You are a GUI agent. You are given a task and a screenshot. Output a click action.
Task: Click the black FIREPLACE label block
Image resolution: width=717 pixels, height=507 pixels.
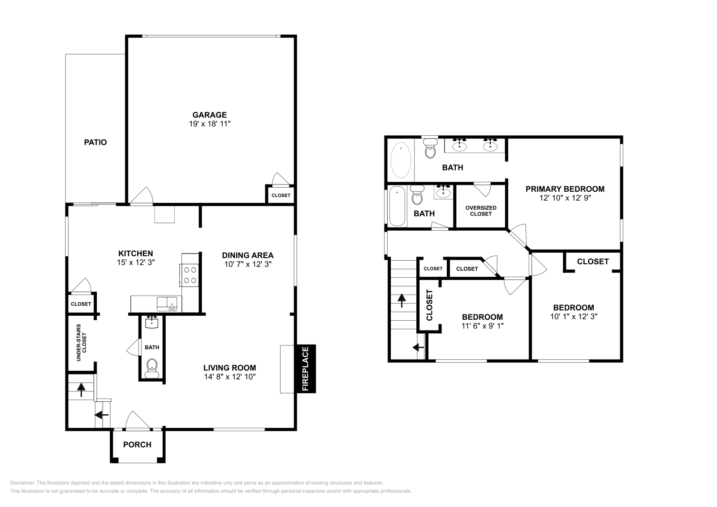point(306,369)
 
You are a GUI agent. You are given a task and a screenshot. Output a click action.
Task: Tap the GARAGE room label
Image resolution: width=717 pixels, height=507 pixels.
point(209,115)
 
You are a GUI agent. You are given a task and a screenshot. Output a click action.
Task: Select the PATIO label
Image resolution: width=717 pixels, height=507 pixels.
point(95,142)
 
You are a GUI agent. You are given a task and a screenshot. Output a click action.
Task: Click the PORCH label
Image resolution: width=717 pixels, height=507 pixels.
point(137,445)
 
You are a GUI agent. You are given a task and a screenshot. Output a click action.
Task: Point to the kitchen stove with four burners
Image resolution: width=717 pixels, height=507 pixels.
point(189,275)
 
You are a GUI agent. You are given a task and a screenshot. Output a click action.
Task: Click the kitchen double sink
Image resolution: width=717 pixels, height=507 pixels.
point(167,304)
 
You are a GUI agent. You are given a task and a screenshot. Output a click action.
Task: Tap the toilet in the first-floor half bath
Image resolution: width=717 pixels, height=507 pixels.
point(152,369)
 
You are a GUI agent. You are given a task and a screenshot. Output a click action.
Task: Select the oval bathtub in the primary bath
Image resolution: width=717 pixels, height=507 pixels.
point(401,160)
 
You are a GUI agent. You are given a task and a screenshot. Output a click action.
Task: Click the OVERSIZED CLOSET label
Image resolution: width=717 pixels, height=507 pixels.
point(481,211)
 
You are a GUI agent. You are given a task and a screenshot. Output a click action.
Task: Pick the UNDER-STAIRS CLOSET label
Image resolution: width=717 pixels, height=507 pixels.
point(81,343)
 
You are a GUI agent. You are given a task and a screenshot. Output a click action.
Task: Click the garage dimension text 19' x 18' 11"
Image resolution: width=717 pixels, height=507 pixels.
point(210,124)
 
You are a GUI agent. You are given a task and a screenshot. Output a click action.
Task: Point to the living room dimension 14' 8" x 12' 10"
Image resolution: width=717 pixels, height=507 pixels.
point(230,377)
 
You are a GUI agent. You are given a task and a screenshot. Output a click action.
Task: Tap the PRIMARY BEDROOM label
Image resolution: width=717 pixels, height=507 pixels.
point(565,189)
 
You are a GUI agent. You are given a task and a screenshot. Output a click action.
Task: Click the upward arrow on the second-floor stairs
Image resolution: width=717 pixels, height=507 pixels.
point(402,301)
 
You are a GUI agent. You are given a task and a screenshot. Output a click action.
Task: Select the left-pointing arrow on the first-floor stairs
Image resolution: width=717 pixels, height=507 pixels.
point(101,415)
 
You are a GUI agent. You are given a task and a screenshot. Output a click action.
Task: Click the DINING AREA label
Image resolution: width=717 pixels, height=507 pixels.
point(248,255)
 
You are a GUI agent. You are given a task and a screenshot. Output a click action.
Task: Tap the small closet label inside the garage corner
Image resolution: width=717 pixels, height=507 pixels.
point(281,195)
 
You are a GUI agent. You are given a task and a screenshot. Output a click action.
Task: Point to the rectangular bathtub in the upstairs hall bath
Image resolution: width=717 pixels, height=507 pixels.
point(397,206)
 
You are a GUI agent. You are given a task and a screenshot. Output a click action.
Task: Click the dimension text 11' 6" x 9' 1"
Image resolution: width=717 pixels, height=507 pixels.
point(482,326)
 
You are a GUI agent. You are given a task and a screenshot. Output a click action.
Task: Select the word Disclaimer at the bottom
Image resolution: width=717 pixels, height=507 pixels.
point(22,483)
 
